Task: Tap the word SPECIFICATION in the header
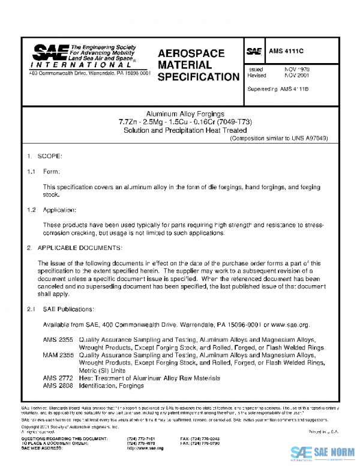coord(198,77)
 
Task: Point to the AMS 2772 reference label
coord(55,378)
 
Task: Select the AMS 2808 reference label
coord(55,385)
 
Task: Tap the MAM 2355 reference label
coord(55,356)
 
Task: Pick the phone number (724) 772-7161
coord(142,439)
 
